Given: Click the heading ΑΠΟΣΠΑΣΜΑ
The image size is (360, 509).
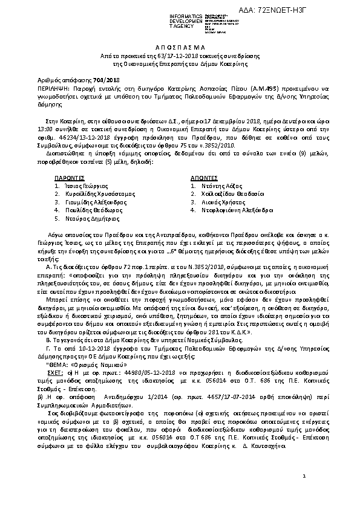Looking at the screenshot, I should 180,46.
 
